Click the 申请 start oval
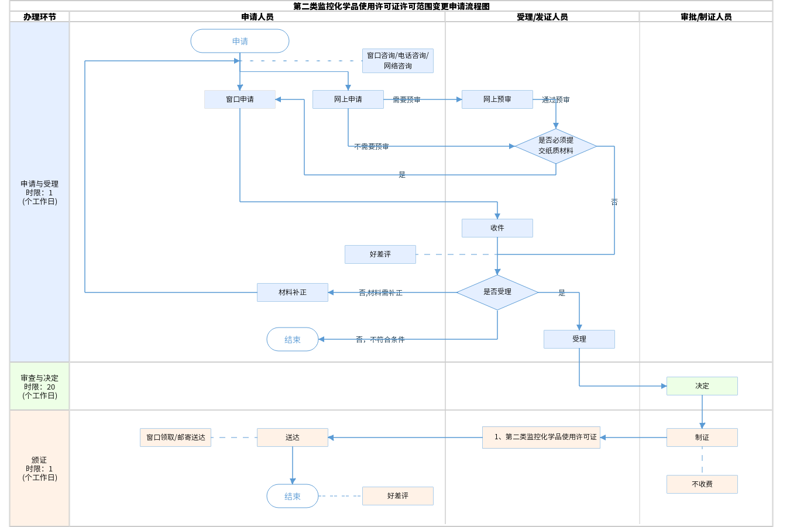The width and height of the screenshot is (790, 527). (x=240, y=41)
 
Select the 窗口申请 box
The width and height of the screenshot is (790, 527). (x=240, y=99)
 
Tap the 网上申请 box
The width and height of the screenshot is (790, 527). (x=348, y=99)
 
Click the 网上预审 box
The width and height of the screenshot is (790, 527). (x=497, y=99)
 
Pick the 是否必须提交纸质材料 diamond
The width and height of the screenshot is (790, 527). (x=556, y=146)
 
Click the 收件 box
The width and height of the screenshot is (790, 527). (x=497, y=228)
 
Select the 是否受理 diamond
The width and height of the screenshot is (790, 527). (x=497, y=292)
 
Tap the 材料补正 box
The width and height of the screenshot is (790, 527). (x=293, y=292)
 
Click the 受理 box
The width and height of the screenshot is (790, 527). (x=579, y=339)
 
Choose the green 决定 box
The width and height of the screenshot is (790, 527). (x=702, y=386)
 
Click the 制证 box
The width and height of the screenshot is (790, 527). (x=702, y=438)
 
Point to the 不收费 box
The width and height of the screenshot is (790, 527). (x=702, y=484)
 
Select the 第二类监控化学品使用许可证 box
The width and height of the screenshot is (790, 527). (x=541, y=438)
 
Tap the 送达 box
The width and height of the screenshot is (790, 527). (x=293, y=438)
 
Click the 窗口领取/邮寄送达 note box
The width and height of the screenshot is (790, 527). (x=176, y=438)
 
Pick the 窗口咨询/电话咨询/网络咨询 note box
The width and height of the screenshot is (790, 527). (x=398, y=61)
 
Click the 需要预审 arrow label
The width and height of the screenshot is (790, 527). (x=407, y=100)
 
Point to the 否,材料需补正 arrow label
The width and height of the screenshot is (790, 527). (x=380, y=293)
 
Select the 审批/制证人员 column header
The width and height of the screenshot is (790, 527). (x=706, y=17)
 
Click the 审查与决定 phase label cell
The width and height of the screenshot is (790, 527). (x=39, y=387)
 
